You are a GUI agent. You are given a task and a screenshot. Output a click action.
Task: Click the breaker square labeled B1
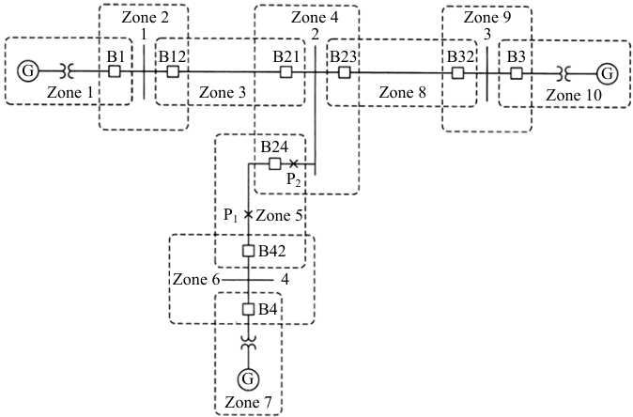[115, 71]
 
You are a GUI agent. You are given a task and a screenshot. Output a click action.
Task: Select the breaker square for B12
[173, 71]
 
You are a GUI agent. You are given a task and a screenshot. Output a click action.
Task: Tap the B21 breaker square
[286, 72]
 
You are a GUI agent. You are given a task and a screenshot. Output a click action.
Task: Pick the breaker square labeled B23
[344, 72]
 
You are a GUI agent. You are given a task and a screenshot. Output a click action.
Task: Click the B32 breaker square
[457, 73]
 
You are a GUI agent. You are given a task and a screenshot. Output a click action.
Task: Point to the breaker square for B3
[516, 73]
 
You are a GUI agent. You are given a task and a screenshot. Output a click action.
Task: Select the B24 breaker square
[275, 163]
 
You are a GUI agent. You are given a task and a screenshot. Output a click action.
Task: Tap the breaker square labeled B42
[248, 251]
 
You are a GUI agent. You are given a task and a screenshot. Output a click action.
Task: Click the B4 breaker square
[248, 310]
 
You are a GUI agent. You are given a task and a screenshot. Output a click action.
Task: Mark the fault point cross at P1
[248, 215]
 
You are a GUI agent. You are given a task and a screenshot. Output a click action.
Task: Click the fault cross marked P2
[293, 163]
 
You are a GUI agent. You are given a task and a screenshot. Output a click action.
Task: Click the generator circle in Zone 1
[28, 71]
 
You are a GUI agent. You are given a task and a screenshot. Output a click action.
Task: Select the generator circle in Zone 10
[607, 74]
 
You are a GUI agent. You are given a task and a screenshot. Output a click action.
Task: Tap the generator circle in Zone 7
[248, 378]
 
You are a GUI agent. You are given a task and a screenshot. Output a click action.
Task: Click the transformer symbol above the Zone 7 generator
[248, 341]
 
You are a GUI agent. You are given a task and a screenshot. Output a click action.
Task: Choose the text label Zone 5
[279, 216]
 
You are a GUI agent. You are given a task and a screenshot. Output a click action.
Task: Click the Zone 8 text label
[403, 93]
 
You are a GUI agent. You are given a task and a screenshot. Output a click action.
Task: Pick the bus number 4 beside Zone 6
[285, 279]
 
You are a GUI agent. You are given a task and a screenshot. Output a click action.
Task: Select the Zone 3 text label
[223, 93]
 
